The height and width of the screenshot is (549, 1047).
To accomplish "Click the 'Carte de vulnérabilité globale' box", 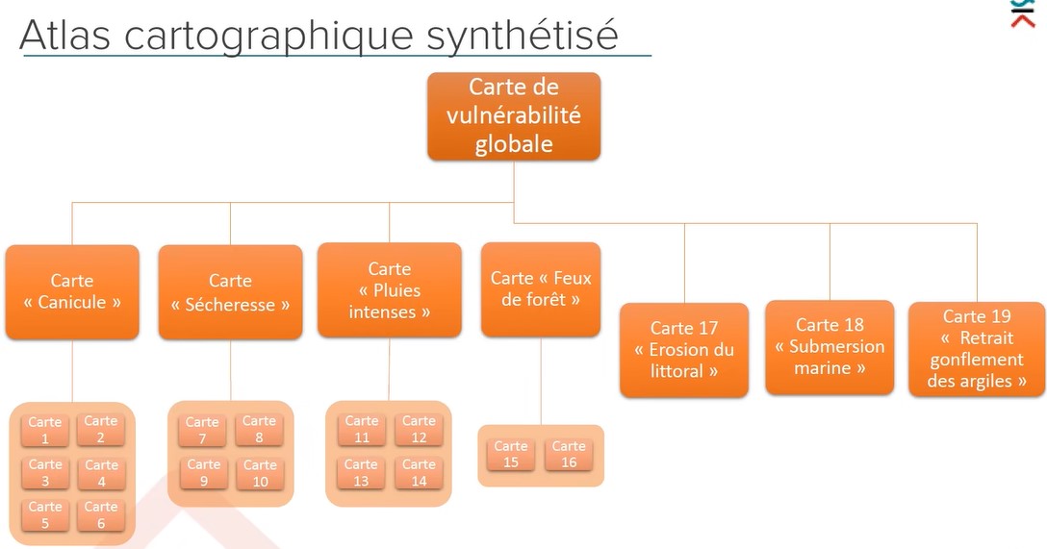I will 514,115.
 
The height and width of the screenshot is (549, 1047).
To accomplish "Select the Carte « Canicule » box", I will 72,291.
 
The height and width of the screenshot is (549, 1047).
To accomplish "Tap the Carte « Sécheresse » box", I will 230,292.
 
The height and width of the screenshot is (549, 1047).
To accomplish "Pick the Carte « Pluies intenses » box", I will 389,290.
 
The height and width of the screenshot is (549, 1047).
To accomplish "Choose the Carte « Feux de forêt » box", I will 541,288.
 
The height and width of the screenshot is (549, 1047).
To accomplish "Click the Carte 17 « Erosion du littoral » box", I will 684,349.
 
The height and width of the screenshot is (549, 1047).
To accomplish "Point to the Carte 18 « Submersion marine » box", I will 830,346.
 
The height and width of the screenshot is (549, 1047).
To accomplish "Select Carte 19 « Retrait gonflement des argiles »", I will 977,348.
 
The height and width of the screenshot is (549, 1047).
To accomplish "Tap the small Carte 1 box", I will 45,430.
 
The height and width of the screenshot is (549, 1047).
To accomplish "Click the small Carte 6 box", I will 101,514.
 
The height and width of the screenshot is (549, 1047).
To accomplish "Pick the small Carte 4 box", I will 101,472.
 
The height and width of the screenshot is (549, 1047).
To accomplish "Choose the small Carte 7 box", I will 203,430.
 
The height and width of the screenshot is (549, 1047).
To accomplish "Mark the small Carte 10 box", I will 260,473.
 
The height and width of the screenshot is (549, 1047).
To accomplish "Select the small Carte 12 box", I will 419,429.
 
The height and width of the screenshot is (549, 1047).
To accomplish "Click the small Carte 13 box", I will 362,472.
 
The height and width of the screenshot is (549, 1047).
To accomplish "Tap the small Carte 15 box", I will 511,454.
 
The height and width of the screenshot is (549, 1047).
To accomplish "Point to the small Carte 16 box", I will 569,454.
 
